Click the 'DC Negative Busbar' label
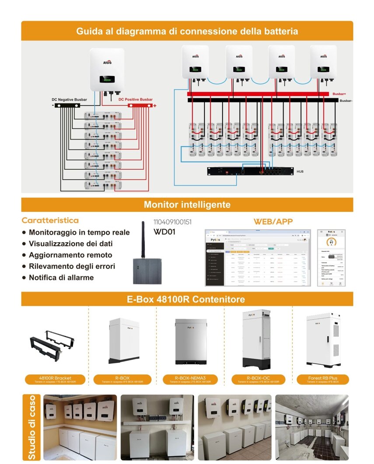pos(69,100)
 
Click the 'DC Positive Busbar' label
pos(136,100)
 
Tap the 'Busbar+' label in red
pos(339,94)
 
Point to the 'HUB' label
pos(300,171)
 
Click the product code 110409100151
pos(172,222)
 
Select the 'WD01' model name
pos(164,232)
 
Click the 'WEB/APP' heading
pos(273,222)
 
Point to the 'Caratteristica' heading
pos(50,220)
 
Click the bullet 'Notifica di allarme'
pos(61,278)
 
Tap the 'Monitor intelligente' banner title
pos(187,205)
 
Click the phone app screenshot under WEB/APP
pos(332,258)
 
